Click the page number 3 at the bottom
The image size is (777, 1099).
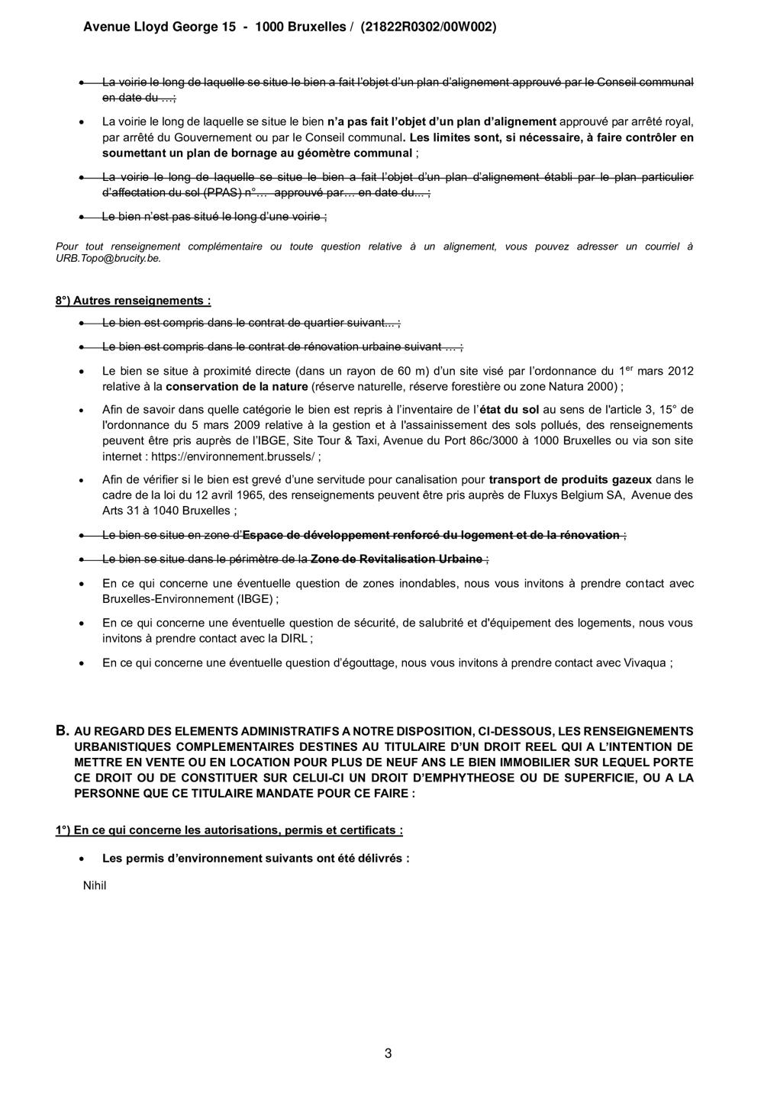point(388,1054)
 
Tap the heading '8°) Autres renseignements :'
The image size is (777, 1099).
point(133,300)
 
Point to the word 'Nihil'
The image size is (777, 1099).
point(95,885)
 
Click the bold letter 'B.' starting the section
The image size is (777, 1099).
point(63,730)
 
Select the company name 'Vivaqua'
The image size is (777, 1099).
point(643,662)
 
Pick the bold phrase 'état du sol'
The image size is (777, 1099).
point(510,410)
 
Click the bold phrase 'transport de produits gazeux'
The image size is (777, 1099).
point(570,479)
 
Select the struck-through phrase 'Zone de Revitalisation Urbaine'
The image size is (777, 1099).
point(396,559)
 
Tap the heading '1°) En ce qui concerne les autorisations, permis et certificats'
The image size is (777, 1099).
point(229,830)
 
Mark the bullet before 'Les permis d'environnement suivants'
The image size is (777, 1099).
point(82,858)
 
